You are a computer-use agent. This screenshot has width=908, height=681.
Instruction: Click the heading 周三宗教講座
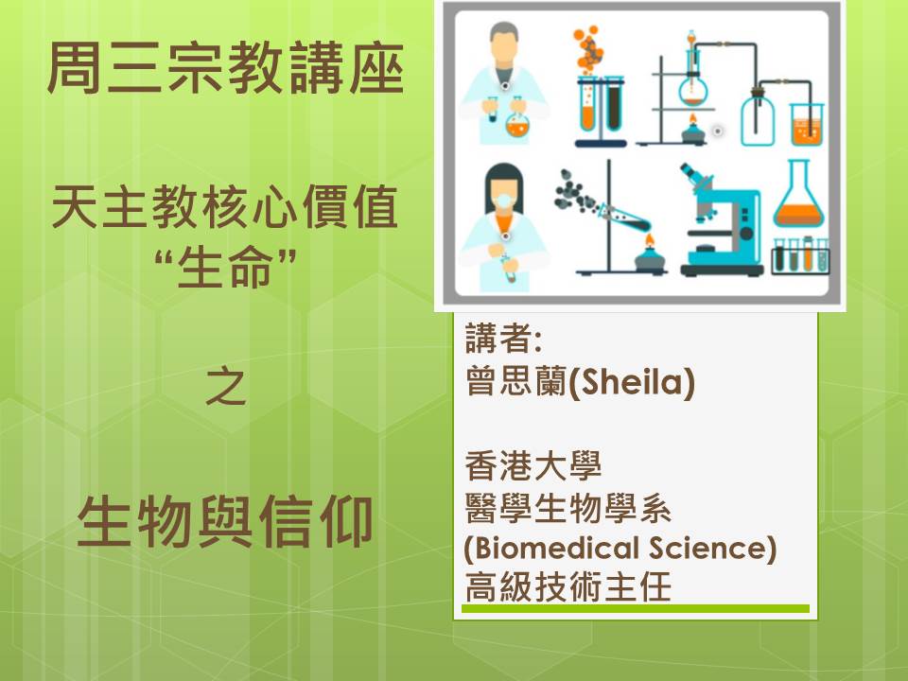pyautogui.click(x=225, y=68)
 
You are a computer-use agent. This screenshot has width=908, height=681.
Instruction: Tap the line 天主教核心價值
pyautogui.click(x=225, y=207)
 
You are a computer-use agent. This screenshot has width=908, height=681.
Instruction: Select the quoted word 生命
pyautogui.click(x=225, y=268)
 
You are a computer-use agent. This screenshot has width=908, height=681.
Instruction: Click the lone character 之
pyautogui.click(x=226, y=386)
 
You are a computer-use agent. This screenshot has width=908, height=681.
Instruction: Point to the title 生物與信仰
pyautogui.click(x=225, y=521)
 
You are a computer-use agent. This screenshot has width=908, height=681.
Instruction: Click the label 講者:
pyautogui.click(x=503, y=339)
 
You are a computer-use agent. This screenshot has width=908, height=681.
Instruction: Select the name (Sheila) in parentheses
pyautogui.click(x=632, y=382)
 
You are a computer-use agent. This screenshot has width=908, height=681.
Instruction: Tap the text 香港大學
pyautogui.click(x=533, y=466)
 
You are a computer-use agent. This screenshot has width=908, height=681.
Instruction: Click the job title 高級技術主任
pyautogui.click(x=568, y=586)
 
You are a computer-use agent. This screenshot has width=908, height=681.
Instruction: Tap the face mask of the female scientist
pyautogui.click(x=504, y=201)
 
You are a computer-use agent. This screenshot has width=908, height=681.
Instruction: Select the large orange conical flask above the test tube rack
pyautogui.click(x=798, y=193)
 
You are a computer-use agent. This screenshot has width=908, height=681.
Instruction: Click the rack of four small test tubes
pyautogui.click(x=800, y=256)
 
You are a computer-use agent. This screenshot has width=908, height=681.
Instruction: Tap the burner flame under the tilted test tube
pyautogui.click(x=650, y=239)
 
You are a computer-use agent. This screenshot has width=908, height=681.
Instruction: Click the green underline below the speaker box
pyautogui.click(x=636, y=608)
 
